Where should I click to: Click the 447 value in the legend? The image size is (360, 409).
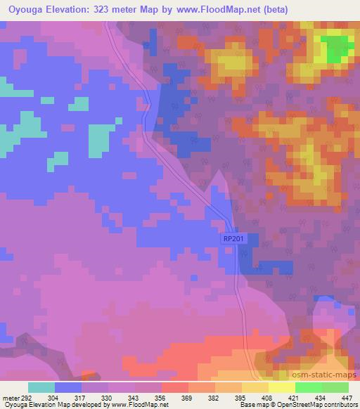[347, 398]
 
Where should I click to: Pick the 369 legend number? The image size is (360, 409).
[188, 398]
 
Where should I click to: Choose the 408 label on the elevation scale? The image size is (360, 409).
[269, 398]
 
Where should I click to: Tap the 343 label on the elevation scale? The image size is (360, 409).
[134, 398]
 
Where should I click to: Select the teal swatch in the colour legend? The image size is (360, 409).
[41, 387]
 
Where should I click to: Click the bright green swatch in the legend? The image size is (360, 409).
[308, 387]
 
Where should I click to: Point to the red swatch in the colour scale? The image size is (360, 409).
[174, 387]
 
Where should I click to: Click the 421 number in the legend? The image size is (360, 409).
[295, 398]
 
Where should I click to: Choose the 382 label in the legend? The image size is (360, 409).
[215, 398]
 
